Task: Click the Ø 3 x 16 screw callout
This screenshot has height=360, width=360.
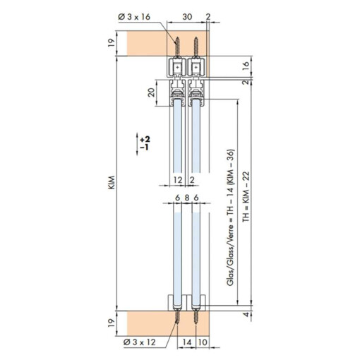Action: point(134,17)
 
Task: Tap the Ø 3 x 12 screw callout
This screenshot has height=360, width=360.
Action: point(139,342)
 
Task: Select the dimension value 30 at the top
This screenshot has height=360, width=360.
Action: point(187,17)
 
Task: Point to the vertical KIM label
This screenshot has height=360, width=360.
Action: point(112,182)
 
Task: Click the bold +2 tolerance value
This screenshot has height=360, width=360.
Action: point(145,139)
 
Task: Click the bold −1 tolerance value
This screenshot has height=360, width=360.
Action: point(144,148)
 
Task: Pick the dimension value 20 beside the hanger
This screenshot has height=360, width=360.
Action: point(152,92)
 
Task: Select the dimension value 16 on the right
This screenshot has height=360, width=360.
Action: point(245,66)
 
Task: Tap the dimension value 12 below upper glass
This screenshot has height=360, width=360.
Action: point(178,180)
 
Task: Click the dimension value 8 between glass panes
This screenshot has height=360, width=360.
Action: point(187,198)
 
